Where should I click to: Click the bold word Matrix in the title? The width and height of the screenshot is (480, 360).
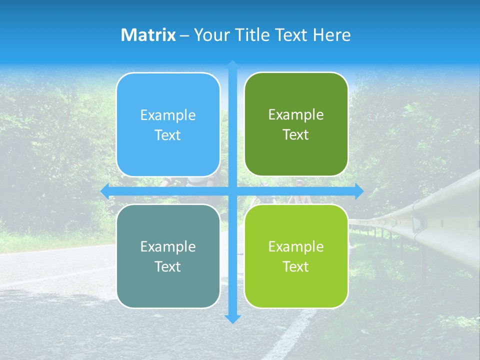148,35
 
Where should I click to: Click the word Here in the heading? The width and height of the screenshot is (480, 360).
332,35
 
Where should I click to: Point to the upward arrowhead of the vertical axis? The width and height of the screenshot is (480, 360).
232,65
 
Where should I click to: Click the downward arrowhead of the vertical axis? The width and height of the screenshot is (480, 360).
232,318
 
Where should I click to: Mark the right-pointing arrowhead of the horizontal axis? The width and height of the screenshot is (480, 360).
359,191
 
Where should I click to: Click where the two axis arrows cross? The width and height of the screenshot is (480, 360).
232,191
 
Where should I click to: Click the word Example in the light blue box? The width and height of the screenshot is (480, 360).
168,115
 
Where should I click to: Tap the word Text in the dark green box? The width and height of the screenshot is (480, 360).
296,135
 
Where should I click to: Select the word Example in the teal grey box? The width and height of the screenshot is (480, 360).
168,247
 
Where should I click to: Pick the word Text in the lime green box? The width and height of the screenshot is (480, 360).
296,267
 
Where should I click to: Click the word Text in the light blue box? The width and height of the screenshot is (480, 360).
168,135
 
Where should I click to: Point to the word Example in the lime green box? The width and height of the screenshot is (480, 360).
296,247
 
